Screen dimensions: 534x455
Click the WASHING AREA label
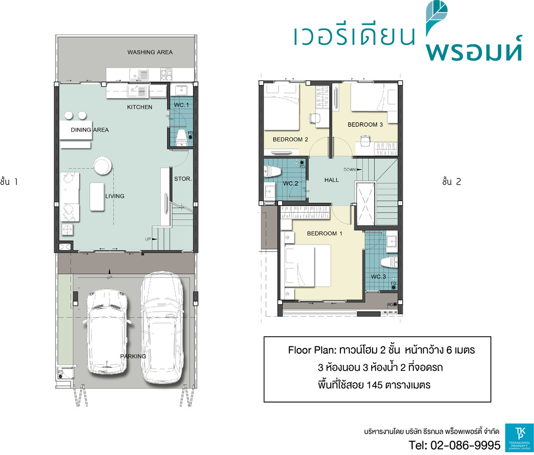coord(150,52)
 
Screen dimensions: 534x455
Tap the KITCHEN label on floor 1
coord(139,107)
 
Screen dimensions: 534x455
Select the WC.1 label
coord(182,105)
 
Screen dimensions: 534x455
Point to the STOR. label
coord(183,179)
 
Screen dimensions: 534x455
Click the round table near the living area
coord(102,166)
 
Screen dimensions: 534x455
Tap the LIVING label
coord(115,196)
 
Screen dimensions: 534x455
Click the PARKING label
coord(133,356)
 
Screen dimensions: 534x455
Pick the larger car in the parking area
coord(162,328)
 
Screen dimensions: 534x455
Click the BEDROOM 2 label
coord(291,140)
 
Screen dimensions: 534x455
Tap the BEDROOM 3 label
coord(365,125)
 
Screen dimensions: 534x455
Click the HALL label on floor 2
coord(332,180)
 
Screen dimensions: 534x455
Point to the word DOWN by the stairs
coord(349,170)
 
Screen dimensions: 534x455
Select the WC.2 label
coord(291,183)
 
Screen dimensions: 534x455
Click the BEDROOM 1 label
coord(324,233)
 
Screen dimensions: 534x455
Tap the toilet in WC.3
coord(389,262)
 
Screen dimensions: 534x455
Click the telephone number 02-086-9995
coord(465,445)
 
